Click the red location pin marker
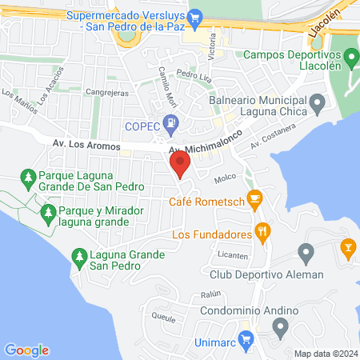pos(180,165)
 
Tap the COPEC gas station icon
pos(170,122)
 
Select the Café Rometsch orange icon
pos(255,198)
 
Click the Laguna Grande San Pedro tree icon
pos(78,255)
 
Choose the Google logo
pos(26,350)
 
